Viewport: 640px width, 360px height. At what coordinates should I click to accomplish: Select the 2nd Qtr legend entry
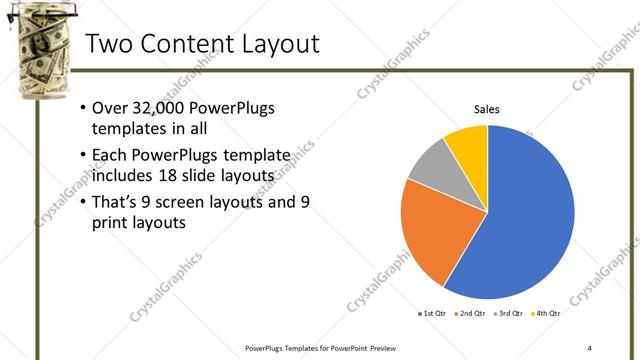[x=470, y=313]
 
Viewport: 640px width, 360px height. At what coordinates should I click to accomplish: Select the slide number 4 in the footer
[x=589, y=347]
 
